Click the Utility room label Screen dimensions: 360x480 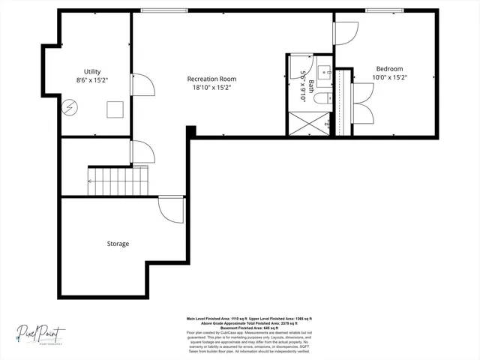tap(92, 71)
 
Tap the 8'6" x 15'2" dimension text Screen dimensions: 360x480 tap(92, 79)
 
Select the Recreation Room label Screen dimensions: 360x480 tap(211, 79)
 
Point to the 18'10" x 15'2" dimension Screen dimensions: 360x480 tap(211, 87)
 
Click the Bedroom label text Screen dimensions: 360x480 tap(389, 69)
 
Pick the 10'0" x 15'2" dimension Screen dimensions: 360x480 tap(389, 77)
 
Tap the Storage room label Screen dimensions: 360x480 tap(118, 244)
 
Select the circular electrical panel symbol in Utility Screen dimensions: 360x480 tap(70, 107)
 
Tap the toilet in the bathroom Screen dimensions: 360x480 tap(321, 97)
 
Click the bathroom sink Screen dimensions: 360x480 tap(325, 73)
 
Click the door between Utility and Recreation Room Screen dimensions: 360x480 tap(142, 85)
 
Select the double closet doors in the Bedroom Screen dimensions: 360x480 tap(361, 103)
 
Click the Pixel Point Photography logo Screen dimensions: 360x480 tap(42, 332)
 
